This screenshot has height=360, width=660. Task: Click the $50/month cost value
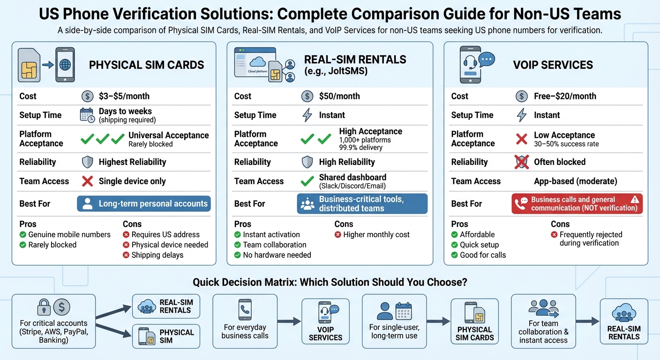pyautogui.click(x=339, y=96)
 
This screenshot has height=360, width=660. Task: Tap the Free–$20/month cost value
pyautogui.click(x=565, y=96)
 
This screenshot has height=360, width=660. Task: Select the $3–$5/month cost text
pyautogui.click(x=124, y=96)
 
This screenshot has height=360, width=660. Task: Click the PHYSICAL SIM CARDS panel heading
pyautogui.click(x=146, y=65)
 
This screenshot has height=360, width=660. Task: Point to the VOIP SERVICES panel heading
pyautogui.click(x=553, y=65)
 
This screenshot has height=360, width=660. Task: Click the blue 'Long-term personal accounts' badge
pyautogui.click(x=144, y=204)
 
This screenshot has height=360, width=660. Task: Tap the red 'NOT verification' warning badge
pyautogui.click(x=577, y=204)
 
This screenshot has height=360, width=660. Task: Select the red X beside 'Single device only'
pyautogui.click(x=88, y=181)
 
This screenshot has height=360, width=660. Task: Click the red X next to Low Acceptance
pyautogui.click(x=521, y=139)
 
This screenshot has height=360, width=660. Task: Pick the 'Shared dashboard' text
pyautogui.click(x=352, y=177)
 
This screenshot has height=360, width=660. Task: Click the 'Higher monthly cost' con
pyautogui.click(x=376, y=234)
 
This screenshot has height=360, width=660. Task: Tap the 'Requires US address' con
pyautogui.click(x=165, y=234)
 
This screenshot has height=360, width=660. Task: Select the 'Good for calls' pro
pyautogui.click(x=483, y=255)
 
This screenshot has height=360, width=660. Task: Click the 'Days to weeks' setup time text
pyautogui.click(x=125, y=111)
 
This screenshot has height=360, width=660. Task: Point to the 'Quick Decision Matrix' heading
pyautogui.click(x=330, y=283)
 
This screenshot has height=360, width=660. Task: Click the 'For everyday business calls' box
pyautogui.click(x=245, y=321)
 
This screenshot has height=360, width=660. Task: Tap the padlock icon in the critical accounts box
pyautogui.click(x=44, y=307)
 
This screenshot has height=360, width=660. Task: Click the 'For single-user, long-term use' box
pyautogui.click(x=394, y=321)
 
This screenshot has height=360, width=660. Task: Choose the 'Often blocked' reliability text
pyautogui.click(x=560, y=162)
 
